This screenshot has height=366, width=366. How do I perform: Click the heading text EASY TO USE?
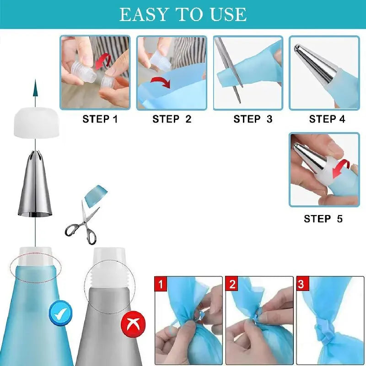(x=183, y=14)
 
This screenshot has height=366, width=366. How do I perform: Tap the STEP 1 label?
(x=100, y=119)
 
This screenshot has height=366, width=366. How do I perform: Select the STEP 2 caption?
(x=172, y=119)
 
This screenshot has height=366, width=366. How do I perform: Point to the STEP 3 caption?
(x=253, y=119)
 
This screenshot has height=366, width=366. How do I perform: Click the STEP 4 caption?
(x=327, y=119)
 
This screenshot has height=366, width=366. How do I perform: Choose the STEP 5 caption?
(x=323, y=219)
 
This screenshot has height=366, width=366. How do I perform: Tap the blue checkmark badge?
(x=61, y=314)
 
